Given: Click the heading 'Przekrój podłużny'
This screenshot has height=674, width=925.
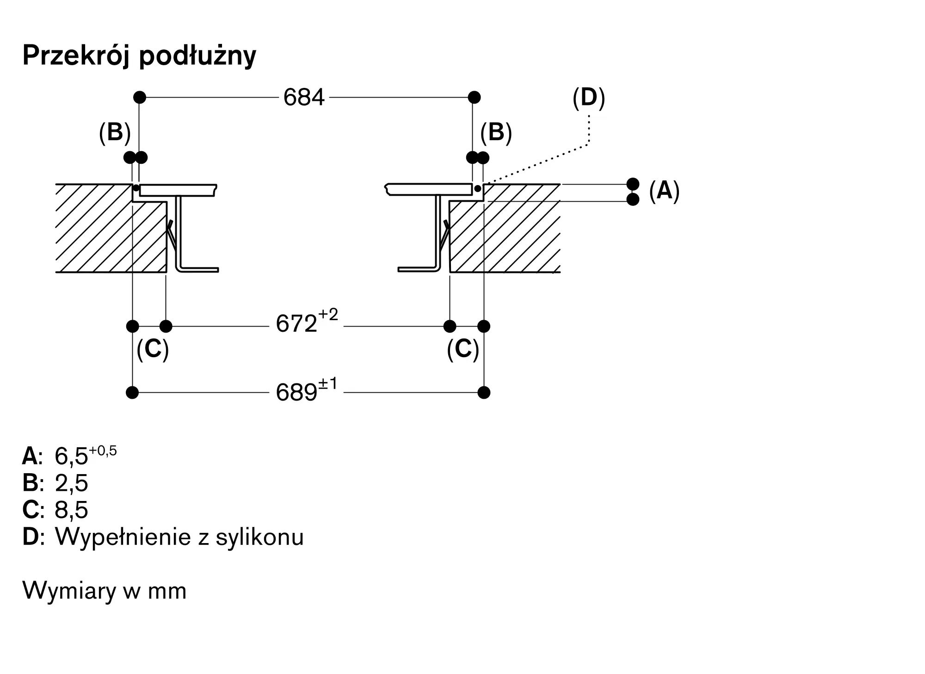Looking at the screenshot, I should [139, 56].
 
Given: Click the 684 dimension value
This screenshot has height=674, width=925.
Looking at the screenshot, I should [304, 98].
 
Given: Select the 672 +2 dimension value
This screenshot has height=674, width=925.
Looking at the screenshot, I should [306, 323].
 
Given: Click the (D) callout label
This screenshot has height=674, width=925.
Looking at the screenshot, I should [588, 98].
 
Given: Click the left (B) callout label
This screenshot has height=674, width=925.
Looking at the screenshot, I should [115, 132].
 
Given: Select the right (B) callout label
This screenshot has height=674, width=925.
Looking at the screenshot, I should [496, 132].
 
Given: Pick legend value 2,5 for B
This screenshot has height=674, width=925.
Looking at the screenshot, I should [71, 483].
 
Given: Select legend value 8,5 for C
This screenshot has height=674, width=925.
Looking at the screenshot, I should [71, 510].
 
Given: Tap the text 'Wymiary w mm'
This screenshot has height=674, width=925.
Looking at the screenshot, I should [105, 591].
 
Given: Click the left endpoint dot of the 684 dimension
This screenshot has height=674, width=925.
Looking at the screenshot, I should [139, 98].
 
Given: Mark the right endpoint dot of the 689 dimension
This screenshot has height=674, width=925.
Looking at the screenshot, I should [484, 393].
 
